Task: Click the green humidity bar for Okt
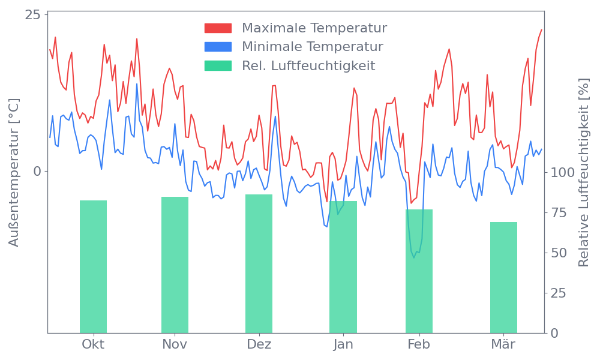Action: pyautogui.click(x=93, y=266)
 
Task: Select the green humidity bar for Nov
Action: pyautogui.click(x=175, y=265)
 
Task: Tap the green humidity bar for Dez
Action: pyautogui.click(x=259, y=263)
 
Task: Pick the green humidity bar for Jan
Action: pyautogui.click(x=343, y=266)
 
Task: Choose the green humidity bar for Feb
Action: pyautogui.click(x=419, y=271)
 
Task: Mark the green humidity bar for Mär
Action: pyautogui.click(x=503, y=277)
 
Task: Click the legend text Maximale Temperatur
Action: pyautogui.click(x=314, y=28)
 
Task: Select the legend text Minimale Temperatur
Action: pyautogui.click(x=313, y=47)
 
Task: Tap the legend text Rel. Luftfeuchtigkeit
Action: pyautogui.click(x=308, y=65)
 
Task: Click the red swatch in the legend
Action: pyautogui.click(x=218, y=28)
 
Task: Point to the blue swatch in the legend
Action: pyautogui.click(x=218, y=47)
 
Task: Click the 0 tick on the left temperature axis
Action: pyautogui.click(x=37, y=171)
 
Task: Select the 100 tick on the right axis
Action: pyautogui.click(x=563, y=173)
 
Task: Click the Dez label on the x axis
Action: pyautogui.click(x=259, y=344)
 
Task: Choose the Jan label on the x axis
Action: pyautogui.click(x=343, y=344)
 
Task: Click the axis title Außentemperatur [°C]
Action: pyautogui.click(x=14, y=173)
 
